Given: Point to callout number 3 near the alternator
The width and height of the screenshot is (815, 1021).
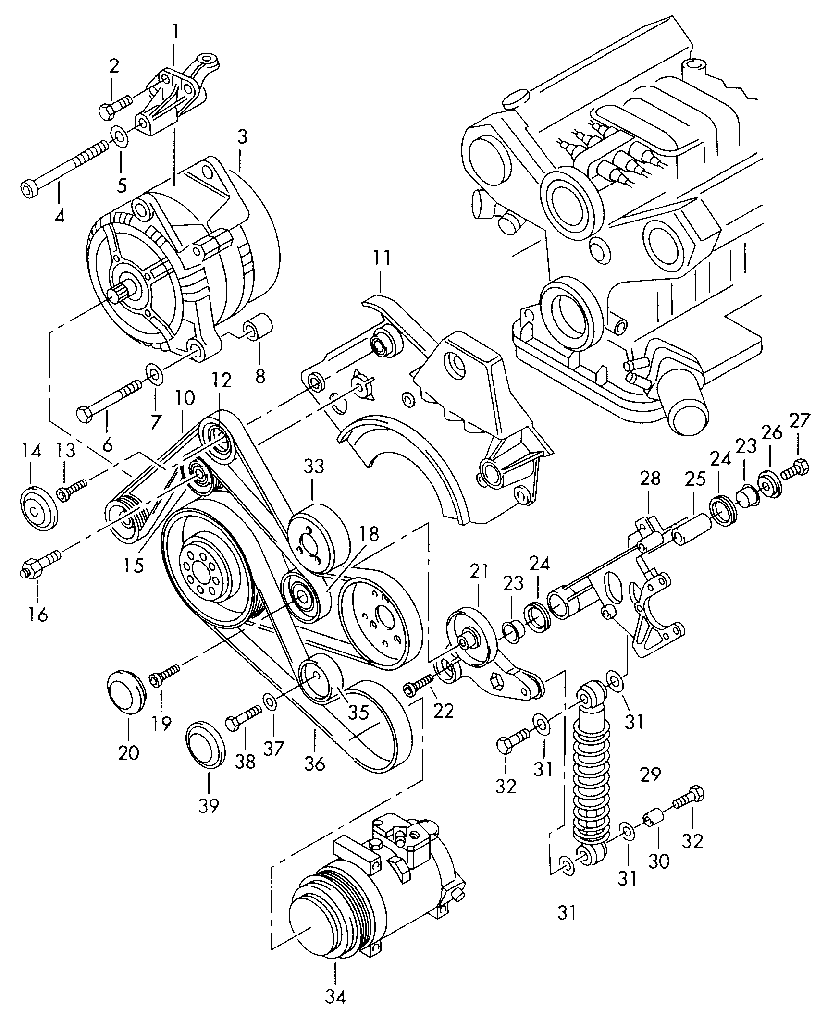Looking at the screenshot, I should point(242,137).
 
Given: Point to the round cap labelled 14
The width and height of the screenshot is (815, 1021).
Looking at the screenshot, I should point(39,508).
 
